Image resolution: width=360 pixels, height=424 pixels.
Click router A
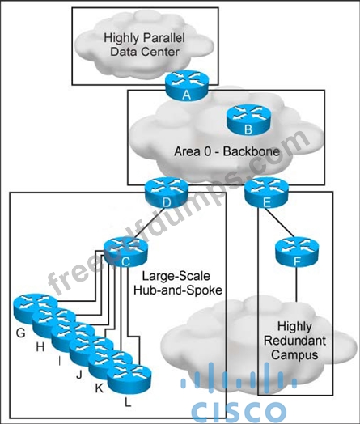[x=187, y=86]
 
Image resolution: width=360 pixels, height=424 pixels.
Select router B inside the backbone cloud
[x=248, y=120]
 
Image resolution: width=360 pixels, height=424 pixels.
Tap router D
[x=166, y=193]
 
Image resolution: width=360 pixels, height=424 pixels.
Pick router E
[x=266, y=193]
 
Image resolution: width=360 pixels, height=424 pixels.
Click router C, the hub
[x=125, y=252]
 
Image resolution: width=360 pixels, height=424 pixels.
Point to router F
[x=297, y=252]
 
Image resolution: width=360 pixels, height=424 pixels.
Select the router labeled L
[x=129, y=378]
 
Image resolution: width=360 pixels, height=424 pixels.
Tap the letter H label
[x=40, y=346]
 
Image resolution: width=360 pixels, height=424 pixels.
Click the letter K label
[x=100, y=388]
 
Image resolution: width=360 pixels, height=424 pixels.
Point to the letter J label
[x=79, y=375]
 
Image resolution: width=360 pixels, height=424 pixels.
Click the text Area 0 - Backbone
[x=227, y=151]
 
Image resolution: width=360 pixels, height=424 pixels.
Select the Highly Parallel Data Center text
[x=145, y=45]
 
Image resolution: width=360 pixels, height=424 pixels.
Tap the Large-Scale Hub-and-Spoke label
[x=178, y=283]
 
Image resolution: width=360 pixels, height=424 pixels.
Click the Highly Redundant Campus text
[x=294, y=341]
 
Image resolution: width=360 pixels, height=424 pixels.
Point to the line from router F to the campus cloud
[x=297, y=285]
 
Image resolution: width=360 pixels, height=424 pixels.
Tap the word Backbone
[x=252, y=151]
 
